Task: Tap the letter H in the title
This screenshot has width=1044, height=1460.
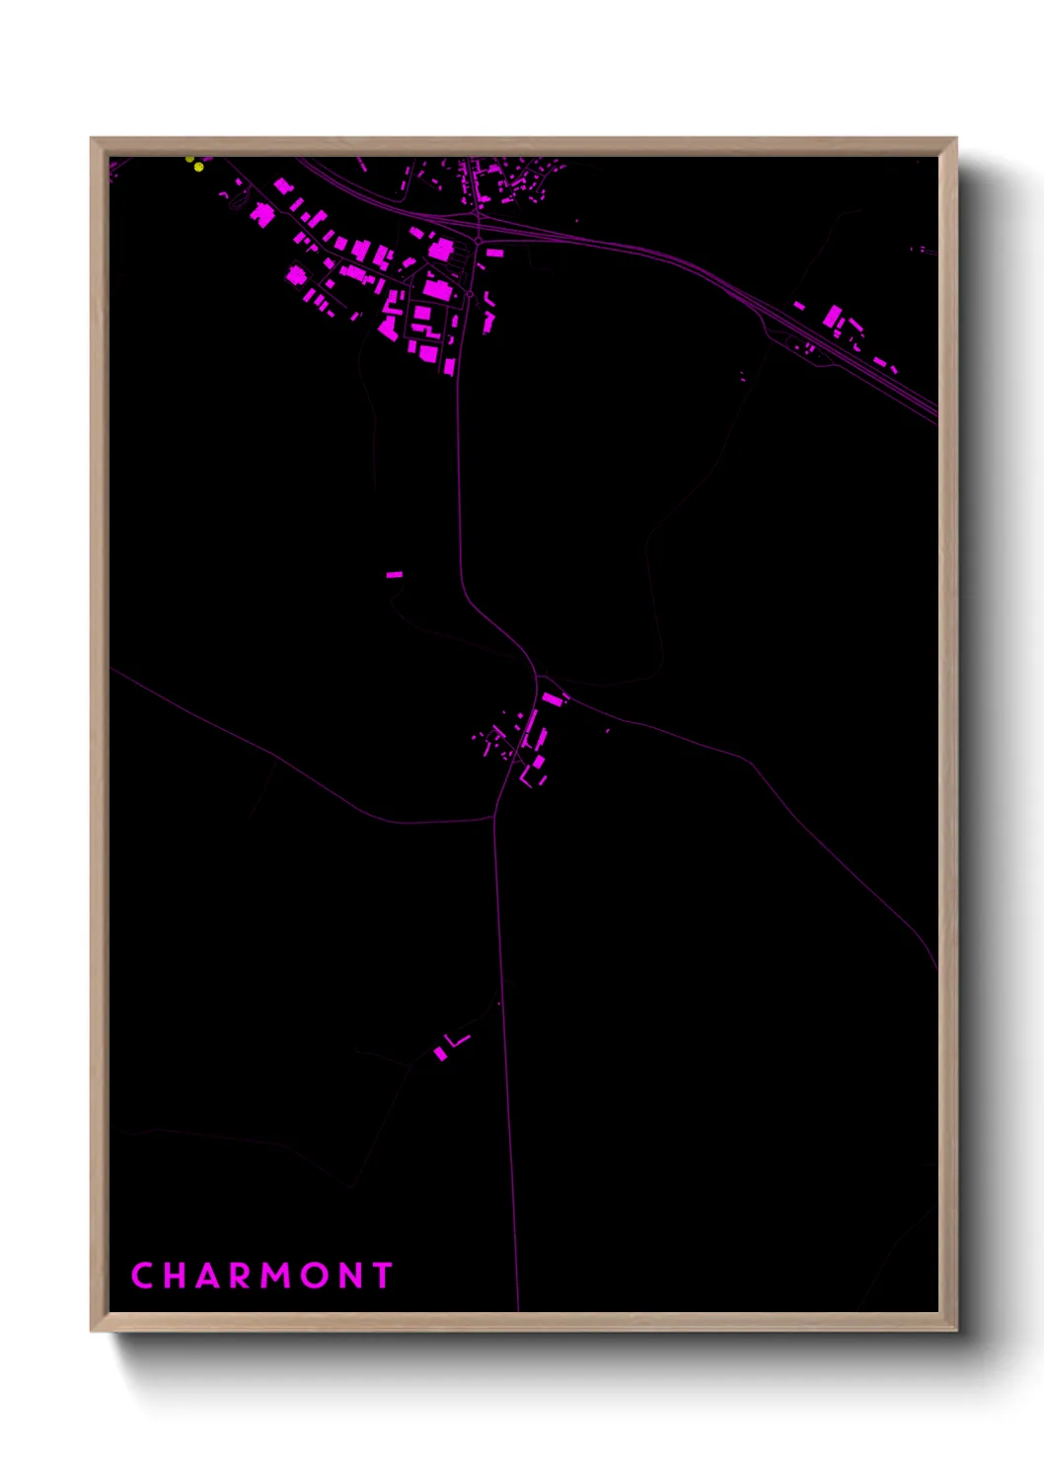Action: (x=176, y=1276)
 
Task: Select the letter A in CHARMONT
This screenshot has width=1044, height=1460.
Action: (x=209, y=1276)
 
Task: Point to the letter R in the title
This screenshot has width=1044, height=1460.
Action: (x=242, y=1276)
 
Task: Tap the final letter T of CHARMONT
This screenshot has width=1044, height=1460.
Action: (x=383, y=1276)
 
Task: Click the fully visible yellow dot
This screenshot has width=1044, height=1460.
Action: (x=199, y=168)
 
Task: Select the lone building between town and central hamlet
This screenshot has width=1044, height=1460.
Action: (x=395, y=574)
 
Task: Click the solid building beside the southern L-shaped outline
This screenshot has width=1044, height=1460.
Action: (x=440, y=1054)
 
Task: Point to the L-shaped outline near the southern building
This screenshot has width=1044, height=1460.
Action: (x=457, y=1040)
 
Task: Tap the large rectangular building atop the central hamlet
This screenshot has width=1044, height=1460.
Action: (x=552, y=698)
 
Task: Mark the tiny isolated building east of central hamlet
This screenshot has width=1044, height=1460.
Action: (x=607, y=731)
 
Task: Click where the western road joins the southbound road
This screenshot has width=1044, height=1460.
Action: (x=494, y=817)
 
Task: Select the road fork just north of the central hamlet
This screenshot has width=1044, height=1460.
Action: (x=538, y=678)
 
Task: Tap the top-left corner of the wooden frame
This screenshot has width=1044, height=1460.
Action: (x=92, y=139)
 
